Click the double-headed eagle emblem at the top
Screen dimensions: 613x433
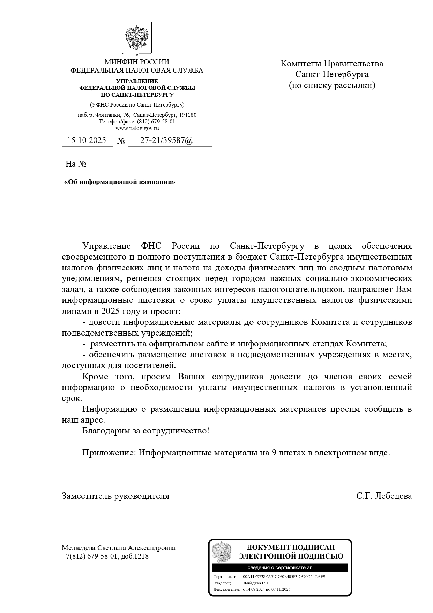(x=137, y=38)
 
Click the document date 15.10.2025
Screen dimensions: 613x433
(x=87, y=140)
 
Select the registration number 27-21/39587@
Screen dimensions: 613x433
(x=166, y=140)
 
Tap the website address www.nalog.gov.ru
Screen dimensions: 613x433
(x=137, y=128)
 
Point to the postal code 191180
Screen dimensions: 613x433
(x=188, y=115)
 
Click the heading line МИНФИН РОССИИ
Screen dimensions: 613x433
(x=137, y=62)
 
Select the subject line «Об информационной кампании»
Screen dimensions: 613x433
(x=120, y=182)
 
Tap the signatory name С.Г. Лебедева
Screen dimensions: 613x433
(x=384, y=496)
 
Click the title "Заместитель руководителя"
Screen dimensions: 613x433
(x=115, y=496)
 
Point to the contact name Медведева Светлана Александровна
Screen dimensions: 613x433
(x=118, y=548)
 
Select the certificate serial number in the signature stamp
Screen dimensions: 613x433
(x=284, y=577)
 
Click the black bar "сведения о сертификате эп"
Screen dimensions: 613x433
(x=280, y=568)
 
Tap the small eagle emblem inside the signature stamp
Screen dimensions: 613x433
(x=222, y=552)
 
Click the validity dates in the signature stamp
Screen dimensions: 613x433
(x=267, y=589)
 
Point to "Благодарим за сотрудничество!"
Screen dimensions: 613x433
(x=146, y=431)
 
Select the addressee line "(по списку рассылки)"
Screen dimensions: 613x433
(x=332, y=86)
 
